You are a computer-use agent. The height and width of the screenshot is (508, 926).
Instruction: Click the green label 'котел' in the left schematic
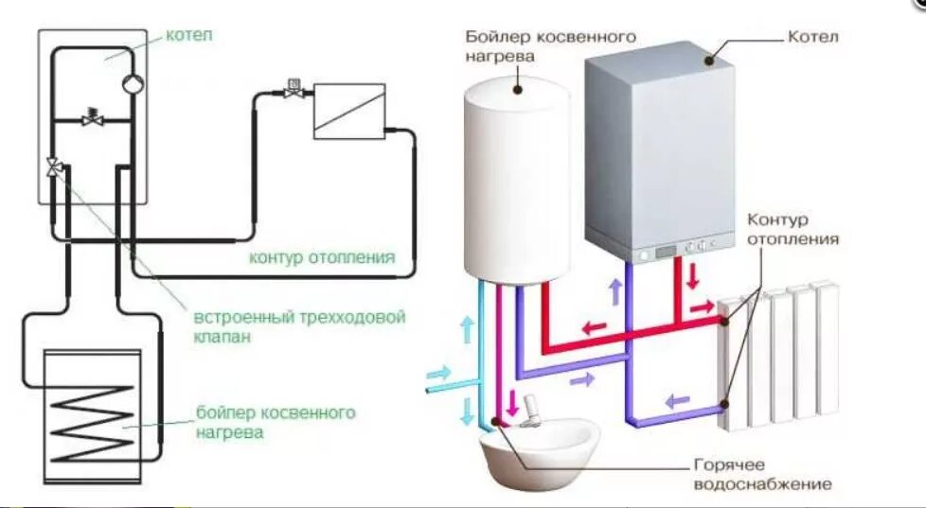click(189, 35)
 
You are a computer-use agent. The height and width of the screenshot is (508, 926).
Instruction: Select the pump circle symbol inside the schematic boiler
click(131, 83)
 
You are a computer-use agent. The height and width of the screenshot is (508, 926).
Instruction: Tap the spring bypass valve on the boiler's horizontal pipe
click(92, 118)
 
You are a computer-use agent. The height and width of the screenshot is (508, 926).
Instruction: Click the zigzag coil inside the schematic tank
click(93, 421)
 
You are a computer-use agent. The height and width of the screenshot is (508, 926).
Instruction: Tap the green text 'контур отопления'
click(321, 258)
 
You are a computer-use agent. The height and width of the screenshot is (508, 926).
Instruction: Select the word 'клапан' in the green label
click(223, 337)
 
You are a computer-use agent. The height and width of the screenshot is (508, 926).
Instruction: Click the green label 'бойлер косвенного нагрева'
click(275, 423)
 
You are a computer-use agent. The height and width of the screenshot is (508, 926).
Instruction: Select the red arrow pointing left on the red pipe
click(595, 328)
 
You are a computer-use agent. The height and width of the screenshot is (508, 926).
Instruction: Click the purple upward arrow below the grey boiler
click(614, 292)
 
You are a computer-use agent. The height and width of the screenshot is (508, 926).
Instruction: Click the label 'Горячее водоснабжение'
click(762, 476)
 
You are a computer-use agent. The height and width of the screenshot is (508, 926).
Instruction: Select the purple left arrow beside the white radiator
click(675, 400)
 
